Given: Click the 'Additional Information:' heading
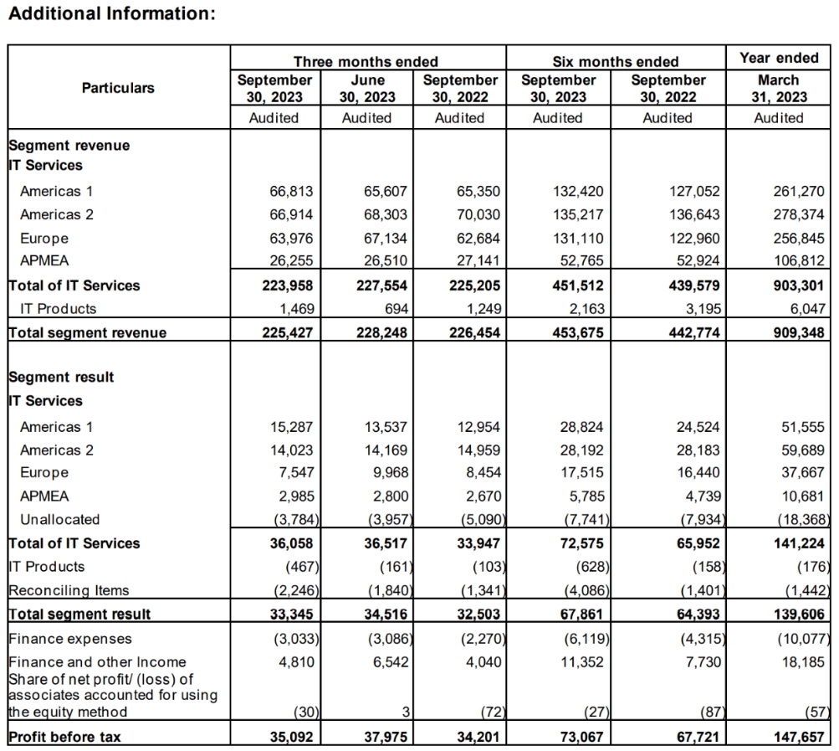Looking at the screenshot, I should click(112, 14).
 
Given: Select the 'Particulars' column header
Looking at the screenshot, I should click(118, 87).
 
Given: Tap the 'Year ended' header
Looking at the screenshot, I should click(779, 58).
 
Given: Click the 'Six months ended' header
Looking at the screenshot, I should click(616, 61).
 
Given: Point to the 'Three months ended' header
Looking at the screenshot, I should click(366, 61).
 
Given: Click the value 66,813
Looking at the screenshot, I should click(290, 191).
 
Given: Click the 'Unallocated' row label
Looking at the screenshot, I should click(59, 519).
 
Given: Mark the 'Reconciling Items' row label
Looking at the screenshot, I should click(69, 590).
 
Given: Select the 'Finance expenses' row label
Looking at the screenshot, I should click(69, 639).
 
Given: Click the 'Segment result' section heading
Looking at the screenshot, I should click(61, 377).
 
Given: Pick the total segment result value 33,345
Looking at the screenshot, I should click(290, 614).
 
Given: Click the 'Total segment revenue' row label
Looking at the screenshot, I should click(87, 332).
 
